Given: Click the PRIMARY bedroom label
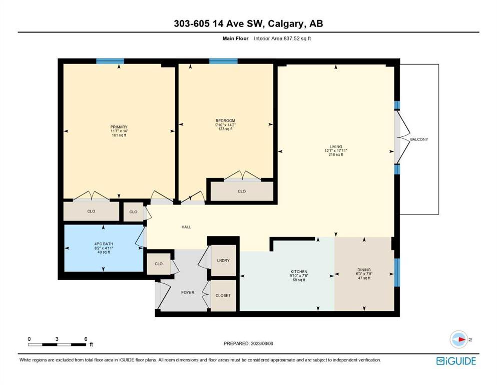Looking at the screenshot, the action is pos(119,127).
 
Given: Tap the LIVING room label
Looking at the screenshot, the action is pos(336,147).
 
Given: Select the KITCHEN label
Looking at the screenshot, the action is pos(299,272).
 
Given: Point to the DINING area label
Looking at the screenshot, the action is pos(364,270).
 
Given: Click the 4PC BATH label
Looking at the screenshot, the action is pos(104,244).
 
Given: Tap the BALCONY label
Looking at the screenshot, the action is pos(419,139).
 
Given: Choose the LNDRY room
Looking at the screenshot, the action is pos(223,261).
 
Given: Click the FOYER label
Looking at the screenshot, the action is pos(188,293).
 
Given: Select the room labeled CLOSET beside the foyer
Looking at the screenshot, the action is pos(223,295).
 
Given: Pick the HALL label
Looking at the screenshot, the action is pos(186,227).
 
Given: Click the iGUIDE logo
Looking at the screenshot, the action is pos(456,361).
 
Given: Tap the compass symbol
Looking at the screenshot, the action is pos(459,339).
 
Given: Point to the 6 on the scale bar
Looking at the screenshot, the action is pos(86,339).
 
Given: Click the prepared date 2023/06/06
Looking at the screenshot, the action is pos(262,343).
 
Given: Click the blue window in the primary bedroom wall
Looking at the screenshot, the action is pos(110,61).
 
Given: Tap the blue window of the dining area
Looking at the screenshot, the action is pos(397,272).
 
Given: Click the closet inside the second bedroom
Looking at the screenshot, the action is pos(242,191).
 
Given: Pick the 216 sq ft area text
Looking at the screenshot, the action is pos(336,155).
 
